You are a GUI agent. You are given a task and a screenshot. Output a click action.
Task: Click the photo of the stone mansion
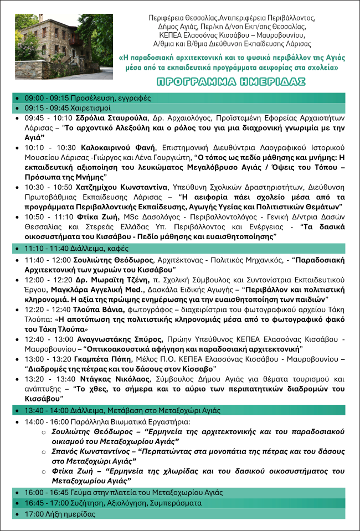[64, 47]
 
